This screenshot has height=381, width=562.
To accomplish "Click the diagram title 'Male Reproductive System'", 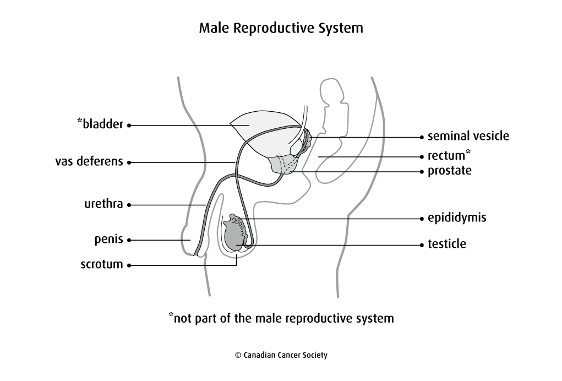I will click(281, 28).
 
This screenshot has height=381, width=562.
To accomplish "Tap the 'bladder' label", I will click(103, 124).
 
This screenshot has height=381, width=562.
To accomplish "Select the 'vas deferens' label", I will click(89, 162).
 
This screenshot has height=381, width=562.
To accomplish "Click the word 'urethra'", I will click(103, 204).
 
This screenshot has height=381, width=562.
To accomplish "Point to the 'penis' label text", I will click(109, 240).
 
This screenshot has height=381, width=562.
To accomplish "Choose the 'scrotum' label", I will click(102, 264).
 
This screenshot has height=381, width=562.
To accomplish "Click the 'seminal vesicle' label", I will click(468, 136).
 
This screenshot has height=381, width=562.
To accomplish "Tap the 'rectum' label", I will click(446, 156).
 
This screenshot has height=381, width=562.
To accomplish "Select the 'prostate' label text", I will click(450, 171).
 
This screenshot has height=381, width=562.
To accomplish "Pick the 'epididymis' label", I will click(457, 218).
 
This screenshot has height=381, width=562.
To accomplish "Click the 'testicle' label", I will click(447, 243).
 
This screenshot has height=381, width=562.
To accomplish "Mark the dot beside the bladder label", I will click(129, 126).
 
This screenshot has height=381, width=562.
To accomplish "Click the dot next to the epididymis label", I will click(422, 219).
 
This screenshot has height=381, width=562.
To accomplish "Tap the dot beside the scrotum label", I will click(129, 265).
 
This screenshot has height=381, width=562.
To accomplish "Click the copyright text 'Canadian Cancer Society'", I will click(281, 355).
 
